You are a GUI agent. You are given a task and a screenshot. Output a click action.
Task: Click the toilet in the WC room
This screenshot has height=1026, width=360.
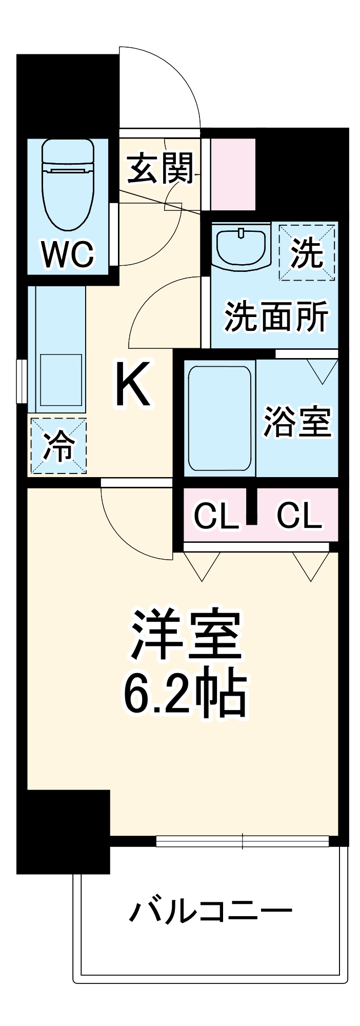[x=68, y=185]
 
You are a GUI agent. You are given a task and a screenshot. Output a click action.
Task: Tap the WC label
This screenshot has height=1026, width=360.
[x=68, y=253]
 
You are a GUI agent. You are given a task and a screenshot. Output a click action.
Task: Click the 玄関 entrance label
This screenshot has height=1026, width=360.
[x=161, y=168]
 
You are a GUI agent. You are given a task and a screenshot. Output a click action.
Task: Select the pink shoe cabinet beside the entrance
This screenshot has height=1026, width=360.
[x=233, y=174]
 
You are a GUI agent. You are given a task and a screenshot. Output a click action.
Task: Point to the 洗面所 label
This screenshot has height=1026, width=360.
[x=276, y=317]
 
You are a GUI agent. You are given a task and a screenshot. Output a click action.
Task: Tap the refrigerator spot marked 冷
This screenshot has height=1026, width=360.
[x=58, y=445]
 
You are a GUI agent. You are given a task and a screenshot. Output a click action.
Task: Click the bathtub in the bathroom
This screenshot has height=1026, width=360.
[x=219, y=418]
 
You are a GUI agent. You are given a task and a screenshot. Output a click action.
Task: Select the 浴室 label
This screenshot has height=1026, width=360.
[x=297, y=422]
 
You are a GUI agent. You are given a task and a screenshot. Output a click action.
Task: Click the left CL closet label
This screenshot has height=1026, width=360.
[x=216, y=516]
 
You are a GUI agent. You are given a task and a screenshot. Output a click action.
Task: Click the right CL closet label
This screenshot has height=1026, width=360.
[x=299, y=516]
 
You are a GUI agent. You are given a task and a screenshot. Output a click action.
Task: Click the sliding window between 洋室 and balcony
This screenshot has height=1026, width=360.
[x=242, y=841]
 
